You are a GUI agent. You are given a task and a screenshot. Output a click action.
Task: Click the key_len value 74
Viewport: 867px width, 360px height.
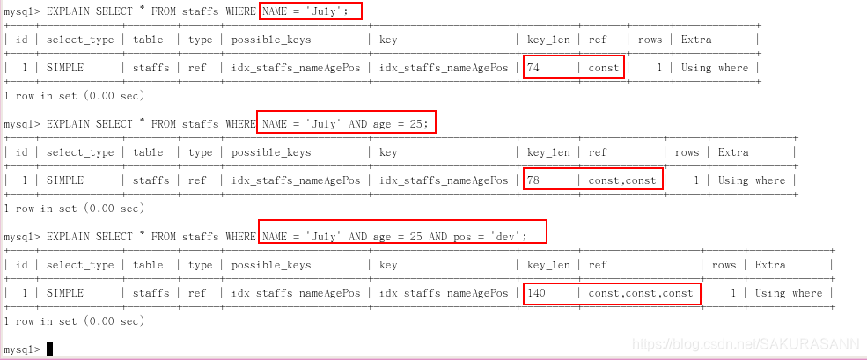[x=534, y=68]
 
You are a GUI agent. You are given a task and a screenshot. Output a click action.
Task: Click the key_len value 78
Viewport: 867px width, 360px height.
[x=534, y=180]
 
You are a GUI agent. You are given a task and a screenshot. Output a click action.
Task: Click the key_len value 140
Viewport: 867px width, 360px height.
[x=537, y=293]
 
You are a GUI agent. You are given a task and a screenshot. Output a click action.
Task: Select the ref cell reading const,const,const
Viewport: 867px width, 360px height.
[x=641, y=293]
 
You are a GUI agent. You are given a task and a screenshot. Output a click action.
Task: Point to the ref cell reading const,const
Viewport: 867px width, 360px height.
[x=621, y=180]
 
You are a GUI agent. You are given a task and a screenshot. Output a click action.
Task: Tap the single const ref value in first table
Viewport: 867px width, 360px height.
[x=604, y=68]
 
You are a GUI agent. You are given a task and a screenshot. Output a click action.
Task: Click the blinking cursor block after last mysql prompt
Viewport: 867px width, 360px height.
[x=50, y=349]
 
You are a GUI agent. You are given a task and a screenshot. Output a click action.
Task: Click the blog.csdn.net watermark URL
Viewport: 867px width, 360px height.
[x=748, y=342]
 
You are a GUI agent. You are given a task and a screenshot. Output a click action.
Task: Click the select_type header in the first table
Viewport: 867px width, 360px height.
[x=80, y=40]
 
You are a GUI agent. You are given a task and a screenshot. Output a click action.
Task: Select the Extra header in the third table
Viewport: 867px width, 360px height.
[x=770, y=265]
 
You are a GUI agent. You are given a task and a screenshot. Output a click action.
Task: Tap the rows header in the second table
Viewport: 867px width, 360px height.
[x=687, y=152]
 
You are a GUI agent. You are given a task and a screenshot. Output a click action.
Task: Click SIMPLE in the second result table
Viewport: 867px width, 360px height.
[x=65, y=180]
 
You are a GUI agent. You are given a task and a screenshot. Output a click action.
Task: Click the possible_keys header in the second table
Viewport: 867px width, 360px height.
[x=271, y=152]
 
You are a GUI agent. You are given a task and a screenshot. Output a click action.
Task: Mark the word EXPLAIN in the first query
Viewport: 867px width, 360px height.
[x=69, y=11]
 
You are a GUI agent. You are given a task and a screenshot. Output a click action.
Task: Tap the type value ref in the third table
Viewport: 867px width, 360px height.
[x=197, y=293]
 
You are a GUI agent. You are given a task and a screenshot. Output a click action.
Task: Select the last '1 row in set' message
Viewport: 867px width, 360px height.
[x=74, y=321]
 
